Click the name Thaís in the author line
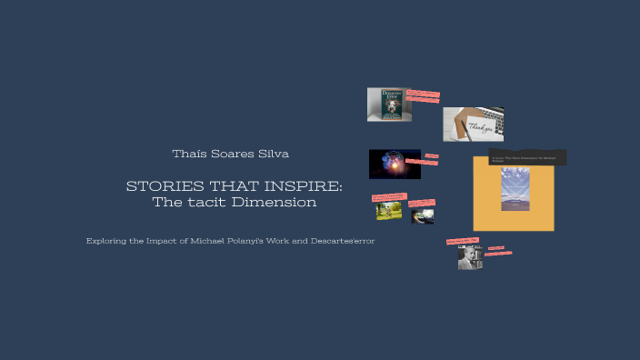click(187, 154)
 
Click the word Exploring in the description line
click(105, 241)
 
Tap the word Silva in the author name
click(273, 154)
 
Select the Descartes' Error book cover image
click(388, 105)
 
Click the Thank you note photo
click(473, 125)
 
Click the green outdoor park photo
click(389, 210)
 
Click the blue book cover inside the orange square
click(515, 191)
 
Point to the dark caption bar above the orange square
click(527, 158)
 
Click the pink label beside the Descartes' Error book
click(423, 95)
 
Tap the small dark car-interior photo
click(423, 216)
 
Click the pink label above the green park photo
click(389, 196)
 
